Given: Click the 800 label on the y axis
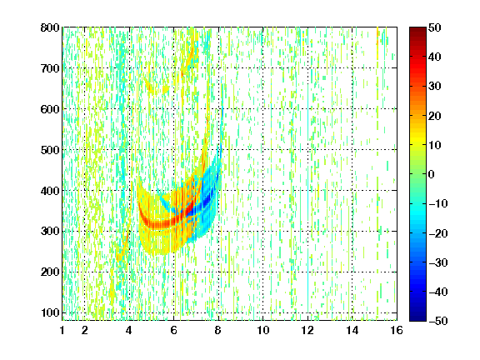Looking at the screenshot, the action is click(50, 27).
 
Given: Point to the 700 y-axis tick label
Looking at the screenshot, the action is click(50, 68).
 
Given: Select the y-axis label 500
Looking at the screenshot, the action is click(50, 150).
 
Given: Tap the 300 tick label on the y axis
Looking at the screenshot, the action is click(50, 231).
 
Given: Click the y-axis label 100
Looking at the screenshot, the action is click(50, 312).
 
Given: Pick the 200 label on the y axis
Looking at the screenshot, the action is click(50, 272).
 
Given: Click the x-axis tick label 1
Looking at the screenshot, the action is click(62, 330).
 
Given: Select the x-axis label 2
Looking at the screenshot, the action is click(85, 330).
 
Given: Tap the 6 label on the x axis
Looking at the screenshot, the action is click(174, 330).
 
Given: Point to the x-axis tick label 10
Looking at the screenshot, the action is click(263, 330).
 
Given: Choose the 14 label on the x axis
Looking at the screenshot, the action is click(352, 330).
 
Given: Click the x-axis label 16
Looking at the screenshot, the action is click(397, 330).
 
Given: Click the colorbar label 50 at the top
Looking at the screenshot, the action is click(435, 27).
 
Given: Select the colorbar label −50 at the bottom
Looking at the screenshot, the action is click(438, 321).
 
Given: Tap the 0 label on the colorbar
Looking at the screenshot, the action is click(432, 174).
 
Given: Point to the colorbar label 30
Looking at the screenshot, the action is click(435, 87).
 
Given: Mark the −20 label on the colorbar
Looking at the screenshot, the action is click(438, 233).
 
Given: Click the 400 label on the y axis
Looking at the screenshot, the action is click(50, 191).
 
